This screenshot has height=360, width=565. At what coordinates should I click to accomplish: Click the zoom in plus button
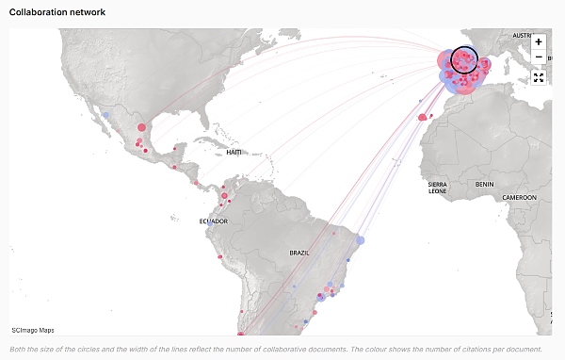539,42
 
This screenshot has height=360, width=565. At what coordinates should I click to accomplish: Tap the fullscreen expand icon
539,77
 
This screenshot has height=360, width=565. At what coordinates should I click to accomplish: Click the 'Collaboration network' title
57,12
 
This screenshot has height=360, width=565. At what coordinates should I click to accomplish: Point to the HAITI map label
234,152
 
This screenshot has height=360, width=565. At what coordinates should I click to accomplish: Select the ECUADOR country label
213,221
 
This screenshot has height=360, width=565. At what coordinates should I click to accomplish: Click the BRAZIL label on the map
299,253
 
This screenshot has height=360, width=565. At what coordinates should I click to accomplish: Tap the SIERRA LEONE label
437,188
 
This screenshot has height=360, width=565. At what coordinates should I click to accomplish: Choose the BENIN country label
485,184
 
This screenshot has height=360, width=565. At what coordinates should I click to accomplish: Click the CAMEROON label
519,197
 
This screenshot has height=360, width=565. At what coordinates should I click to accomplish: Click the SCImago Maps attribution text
33,330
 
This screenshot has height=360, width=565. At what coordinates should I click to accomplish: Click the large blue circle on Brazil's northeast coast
360,240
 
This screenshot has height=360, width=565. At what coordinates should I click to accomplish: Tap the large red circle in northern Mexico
142,127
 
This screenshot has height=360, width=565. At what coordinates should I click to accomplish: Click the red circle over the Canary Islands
422,118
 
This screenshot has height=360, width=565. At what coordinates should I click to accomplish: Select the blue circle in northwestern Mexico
106,116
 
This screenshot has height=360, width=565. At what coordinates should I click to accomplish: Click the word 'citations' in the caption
492,348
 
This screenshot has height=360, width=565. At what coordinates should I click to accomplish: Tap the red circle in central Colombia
225,197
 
